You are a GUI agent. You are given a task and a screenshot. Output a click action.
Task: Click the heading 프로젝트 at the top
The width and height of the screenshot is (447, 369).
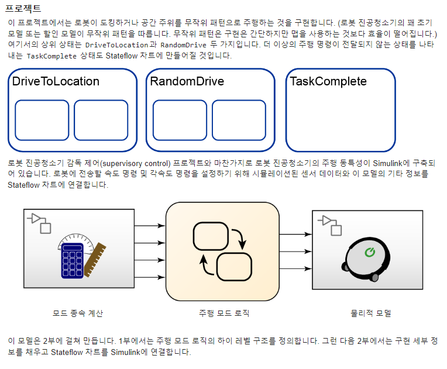click(x=24, y=9)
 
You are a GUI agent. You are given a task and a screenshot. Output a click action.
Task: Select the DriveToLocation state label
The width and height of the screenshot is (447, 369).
click(x=56, y=81)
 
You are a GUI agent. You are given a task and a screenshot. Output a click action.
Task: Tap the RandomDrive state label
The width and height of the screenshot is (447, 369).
click(x=187, y=81)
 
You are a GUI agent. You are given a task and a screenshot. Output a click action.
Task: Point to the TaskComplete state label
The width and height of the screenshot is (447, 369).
click(x=328, y=81)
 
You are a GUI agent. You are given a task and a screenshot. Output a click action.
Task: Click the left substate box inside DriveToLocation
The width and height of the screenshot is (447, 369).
click(x=42, y=119)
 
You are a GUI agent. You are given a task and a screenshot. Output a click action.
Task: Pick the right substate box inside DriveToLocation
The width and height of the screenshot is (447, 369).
click(x=101, y=119)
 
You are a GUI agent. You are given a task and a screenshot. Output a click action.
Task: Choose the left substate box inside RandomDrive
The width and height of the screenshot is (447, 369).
click(x=180, y=119)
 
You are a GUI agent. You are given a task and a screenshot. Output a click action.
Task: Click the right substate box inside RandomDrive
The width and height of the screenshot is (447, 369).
click(x=239, y=119)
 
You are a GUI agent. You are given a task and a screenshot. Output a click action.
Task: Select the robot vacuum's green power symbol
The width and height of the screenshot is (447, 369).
click(x=369, y=252)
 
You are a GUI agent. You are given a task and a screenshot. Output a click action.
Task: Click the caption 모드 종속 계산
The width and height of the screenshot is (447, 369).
click(x=78, y=313)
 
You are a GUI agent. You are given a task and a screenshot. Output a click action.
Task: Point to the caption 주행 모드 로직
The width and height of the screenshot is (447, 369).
click(x=224, y=313)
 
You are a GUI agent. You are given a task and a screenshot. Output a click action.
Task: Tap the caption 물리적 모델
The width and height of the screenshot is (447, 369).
click(x=367, y=313)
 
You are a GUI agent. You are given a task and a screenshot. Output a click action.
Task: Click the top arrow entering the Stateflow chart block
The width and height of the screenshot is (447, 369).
click(x=150, y=225)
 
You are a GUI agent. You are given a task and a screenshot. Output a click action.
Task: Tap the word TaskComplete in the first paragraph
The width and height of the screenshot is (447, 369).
click(x=51, y=57)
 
